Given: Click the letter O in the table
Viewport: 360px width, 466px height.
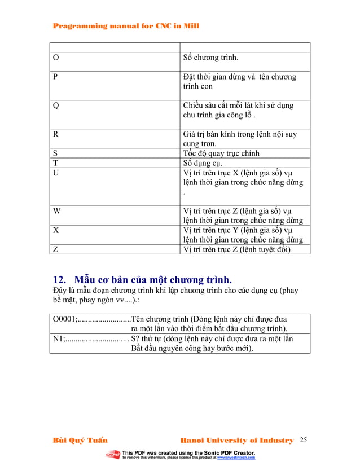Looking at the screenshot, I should (55, 58).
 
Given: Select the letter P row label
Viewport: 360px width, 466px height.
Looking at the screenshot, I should (55, 77).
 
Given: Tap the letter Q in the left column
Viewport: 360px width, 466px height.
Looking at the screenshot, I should (55, 105).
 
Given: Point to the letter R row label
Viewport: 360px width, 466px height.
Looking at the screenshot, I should (55, 134).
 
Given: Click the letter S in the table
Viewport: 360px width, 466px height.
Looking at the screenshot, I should (55, 153).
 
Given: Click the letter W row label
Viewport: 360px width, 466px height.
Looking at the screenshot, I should (56, 212).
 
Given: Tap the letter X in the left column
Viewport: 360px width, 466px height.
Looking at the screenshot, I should (55, 231).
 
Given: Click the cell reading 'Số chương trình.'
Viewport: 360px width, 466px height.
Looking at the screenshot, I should (211, 58).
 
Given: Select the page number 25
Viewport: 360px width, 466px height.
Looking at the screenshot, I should (305, 440).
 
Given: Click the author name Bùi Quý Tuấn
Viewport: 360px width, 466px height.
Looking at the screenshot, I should (80, 440).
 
